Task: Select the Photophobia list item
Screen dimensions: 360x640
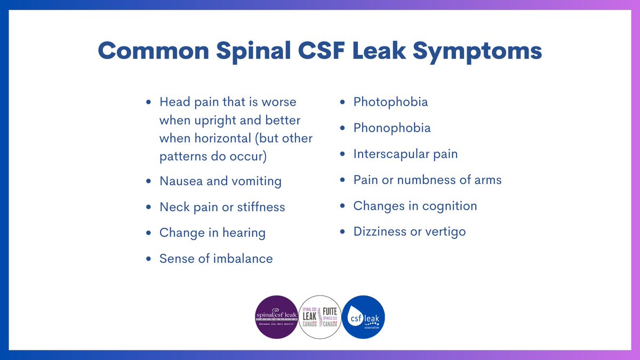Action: pyautogui.click(x=390, y=102)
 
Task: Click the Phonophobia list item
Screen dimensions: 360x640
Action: pyautogui.click(x=392, y=128)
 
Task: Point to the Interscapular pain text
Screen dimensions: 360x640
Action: pyautogui.click(x=405, y=154)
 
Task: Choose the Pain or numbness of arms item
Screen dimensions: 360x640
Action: pyautogui.click(x=427, y=180)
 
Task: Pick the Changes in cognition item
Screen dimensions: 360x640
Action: pyautogui.click(x=415, y=206)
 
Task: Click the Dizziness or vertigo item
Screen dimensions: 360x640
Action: pyautogui.click(x=410, y=232)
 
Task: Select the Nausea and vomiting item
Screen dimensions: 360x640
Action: pyautogui.click(x=220, y=181)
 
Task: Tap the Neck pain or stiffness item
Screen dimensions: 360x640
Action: pyautogui.click(x=222, y=207)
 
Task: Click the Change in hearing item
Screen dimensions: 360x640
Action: pyautogui.click(x=212, y=233)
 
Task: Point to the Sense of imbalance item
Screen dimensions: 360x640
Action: pyautogui.click(x=216, y=259)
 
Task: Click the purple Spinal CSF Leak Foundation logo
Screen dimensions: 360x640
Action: pyautogui.click(x=277, y=317)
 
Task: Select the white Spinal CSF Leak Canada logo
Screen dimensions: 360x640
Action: pyautogui.click(x=320, y=317)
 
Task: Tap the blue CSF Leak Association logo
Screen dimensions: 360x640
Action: pyautogui.click(x=363, y=317)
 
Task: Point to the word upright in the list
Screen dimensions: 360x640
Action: pyautogui.click(x=212, y=120)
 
